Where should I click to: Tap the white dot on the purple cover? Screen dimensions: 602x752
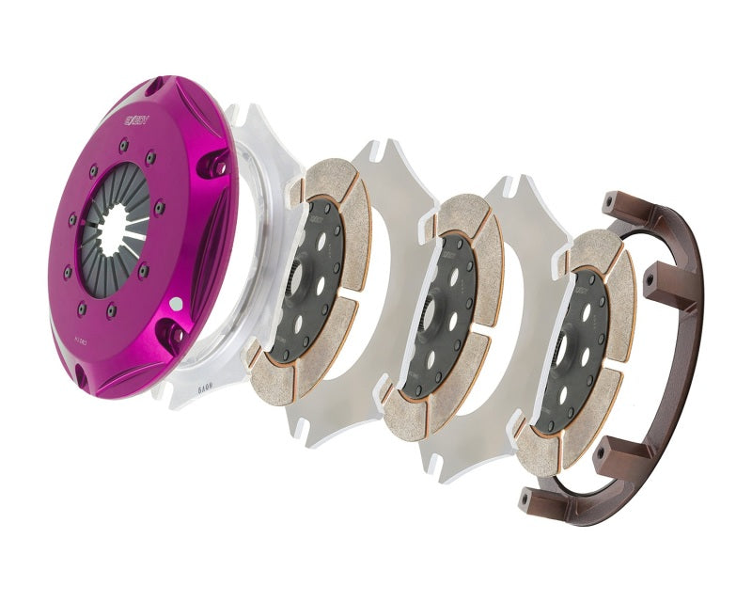(176, 303)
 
